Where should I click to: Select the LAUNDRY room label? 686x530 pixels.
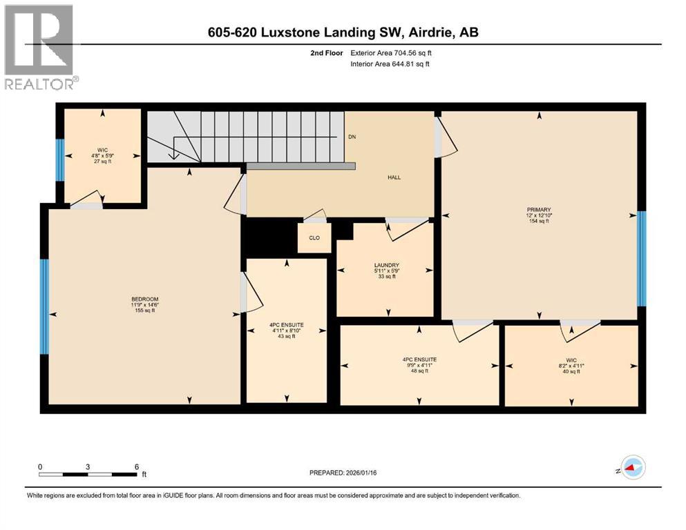(x=385, y=265)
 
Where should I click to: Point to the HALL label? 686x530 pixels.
(x=394, y=177)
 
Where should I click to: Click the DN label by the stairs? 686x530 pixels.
(x=352, y=137)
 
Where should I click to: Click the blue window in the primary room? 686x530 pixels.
(x=641, y=258)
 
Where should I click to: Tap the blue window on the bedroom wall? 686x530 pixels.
(x=44, y=306)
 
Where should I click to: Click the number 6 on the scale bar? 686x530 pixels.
(x=136, y=467)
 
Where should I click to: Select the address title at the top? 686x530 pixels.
(x=343, y=32)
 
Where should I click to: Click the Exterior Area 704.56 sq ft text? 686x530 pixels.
(x=391, y=52)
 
